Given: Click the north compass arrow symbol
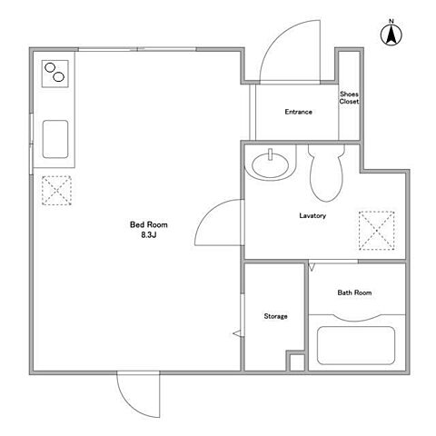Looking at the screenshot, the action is coord(391,35).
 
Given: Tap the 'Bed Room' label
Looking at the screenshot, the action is coord(148,224).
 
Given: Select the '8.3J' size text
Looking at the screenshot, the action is coord(148,234).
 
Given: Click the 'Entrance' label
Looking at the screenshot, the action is coord(298,112).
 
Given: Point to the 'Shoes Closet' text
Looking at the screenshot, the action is coord(349,98).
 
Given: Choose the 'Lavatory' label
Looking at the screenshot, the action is coord(312,215).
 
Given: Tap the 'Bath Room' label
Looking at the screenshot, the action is coord(354,292).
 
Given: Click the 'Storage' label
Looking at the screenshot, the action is coord(275,316).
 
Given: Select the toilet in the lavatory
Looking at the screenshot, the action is coord(326,173).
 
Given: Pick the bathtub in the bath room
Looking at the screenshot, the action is coord(356,345).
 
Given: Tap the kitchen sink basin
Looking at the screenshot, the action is coord(55,139).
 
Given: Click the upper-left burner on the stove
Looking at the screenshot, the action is coord(50,67).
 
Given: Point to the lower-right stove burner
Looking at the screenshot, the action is coord(58,77).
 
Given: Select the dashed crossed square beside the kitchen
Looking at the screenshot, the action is coord(56,191).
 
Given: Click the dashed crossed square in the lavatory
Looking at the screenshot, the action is coord(377,231).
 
